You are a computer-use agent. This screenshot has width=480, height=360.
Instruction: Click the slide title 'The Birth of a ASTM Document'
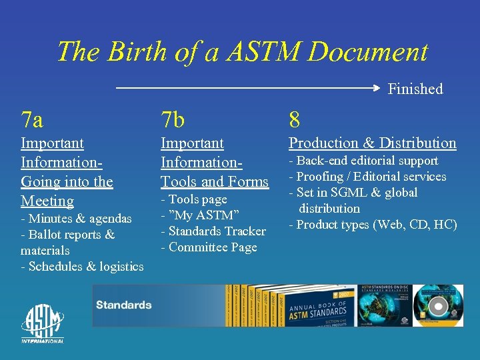point(241,51)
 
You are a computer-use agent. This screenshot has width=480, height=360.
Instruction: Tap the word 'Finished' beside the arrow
point(415,89)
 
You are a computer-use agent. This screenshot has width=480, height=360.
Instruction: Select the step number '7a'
point(32,120)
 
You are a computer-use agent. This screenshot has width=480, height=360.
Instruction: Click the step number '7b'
point(173,120)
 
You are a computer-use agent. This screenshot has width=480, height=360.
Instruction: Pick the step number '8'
point(294,120)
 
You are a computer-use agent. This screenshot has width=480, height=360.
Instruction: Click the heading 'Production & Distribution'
point(372,143)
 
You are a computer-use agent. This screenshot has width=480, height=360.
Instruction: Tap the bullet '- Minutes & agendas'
point(76,218)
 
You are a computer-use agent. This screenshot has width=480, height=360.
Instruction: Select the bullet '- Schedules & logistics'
point(82,266)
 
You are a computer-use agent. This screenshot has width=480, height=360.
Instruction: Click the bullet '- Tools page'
point(194,199)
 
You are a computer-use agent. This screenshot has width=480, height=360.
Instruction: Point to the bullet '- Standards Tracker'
point(213,231)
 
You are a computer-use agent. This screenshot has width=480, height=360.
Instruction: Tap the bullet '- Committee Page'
point(209,247)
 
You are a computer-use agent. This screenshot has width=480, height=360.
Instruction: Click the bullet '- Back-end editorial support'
point(363,160)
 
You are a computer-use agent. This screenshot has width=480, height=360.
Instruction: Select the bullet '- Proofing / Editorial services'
point(367,176)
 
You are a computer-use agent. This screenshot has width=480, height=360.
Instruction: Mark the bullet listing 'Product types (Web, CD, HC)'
point(373,224)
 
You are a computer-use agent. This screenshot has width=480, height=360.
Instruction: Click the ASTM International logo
point(43,324)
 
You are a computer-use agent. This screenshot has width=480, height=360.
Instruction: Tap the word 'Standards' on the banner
point(123,305)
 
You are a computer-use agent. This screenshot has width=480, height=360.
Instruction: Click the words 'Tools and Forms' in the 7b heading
point(215,181)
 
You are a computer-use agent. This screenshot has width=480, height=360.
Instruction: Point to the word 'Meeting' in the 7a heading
point(47,201)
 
